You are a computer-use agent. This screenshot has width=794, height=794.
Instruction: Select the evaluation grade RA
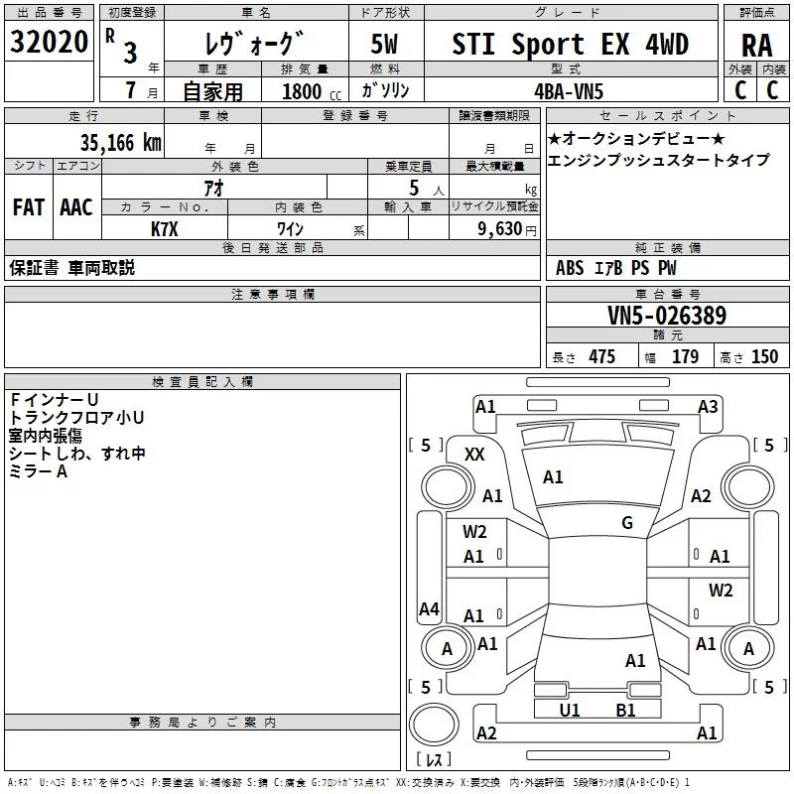pyautogui.click(x=756, y=45)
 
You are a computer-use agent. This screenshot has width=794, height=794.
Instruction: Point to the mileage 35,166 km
pyautogui.click(x=121, y=142)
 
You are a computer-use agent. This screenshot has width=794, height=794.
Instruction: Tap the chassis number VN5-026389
pyautogui.click(x=667, y=316)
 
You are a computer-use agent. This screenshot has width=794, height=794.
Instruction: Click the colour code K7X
pyautogui.click(x=165, y=229)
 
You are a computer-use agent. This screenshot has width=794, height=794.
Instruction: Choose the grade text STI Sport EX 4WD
pyautogui.click(x=570, y=44)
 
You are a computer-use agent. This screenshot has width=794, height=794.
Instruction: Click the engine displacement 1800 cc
pyautogui.click(x=302, y=92)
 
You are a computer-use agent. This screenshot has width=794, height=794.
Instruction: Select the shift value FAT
pyautogui.click(x=28, y=207)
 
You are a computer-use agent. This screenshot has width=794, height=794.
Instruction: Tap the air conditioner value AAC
pyautogui.click(x=75, y=207)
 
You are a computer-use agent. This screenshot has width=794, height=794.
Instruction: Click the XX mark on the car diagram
pyautogui.click(x=474, y=454)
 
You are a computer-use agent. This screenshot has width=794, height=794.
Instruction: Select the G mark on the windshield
pyautogui.click(x=627, y=522)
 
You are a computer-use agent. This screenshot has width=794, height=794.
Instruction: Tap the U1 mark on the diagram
pyautogui.click(x=570, y=711)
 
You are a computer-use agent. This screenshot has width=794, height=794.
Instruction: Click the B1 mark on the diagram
pyautogui.click(x=625, y=711)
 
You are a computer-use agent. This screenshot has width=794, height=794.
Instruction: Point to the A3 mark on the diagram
pyautogui.click(x=708, y=406)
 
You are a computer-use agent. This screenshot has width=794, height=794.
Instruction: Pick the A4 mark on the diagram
pyautogui.click(x=429, y=608)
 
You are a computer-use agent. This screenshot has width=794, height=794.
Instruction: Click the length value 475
pyautogui.click(x=601, y=357)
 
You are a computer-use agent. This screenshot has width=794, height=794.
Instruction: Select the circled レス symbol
pyautogui.click(x=435, y=759)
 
